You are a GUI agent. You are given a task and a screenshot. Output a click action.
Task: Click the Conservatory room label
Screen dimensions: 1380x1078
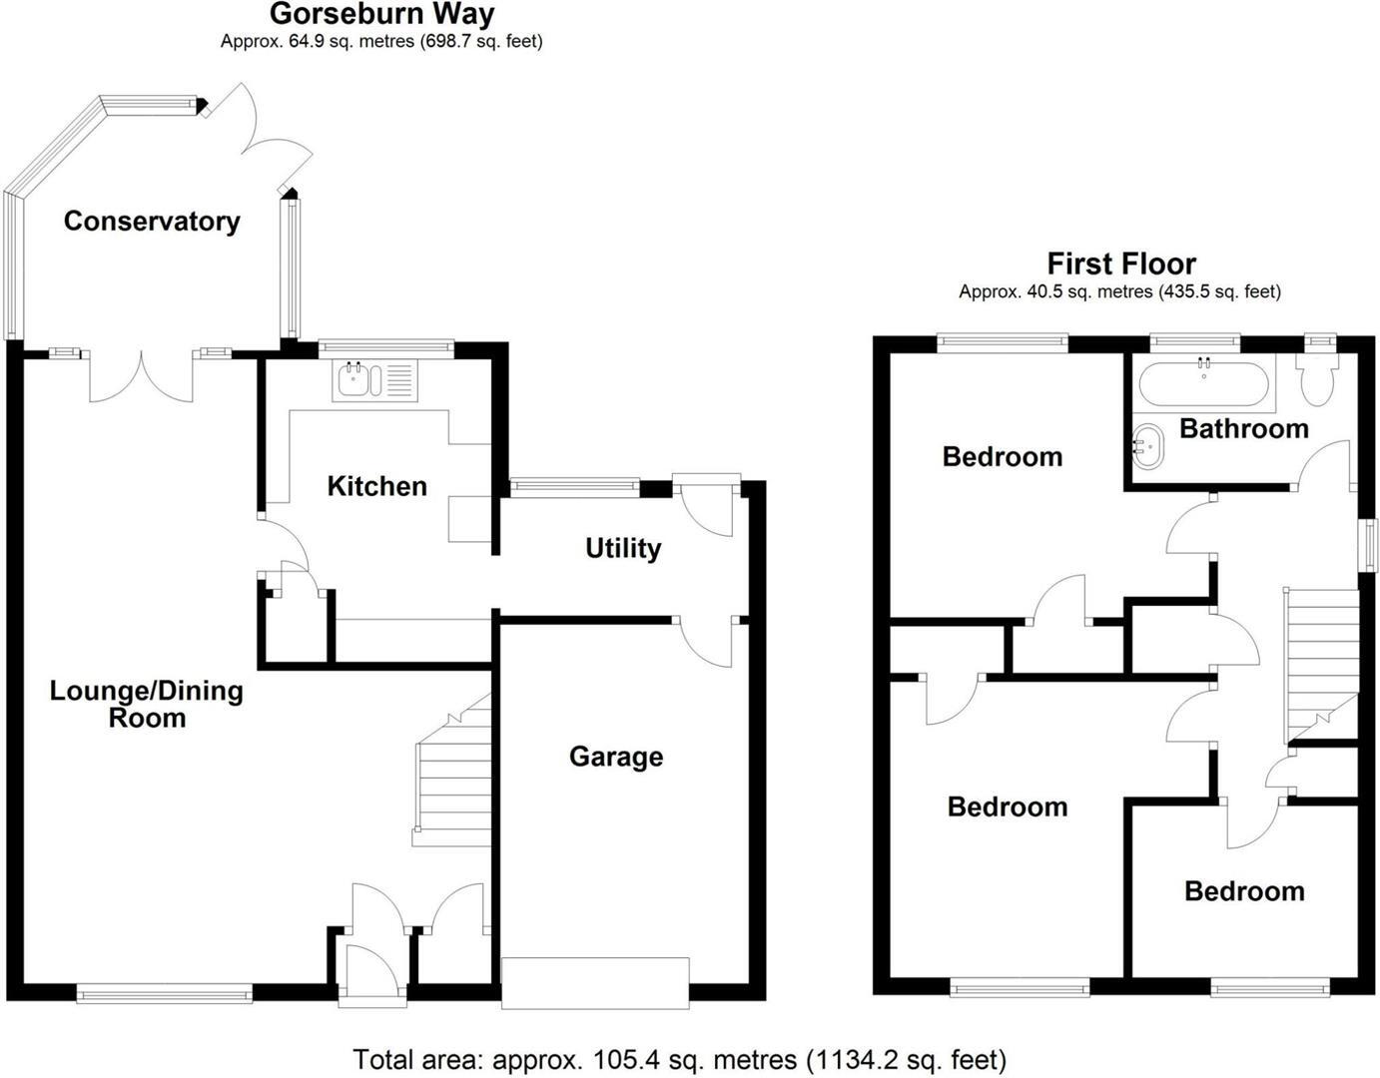point(152,222)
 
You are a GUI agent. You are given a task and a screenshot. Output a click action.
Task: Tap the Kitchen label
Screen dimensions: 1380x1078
point(376,486)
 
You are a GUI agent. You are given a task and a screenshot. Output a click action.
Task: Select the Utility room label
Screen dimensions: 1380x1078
point(623,548)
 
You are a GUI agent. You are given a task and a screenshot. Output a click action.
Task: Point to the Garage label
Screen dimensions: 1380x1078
point(616,757)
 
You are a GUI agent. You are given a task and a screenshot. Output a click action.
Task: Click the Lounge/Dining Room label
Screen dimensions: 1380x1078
point(147,704)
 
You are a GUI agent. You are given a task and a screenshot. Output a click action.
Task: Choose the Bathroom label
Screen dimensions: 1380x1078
point(1243,429)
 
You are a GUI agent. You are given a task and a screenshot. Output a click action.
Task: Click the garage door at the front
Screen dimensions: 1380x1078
point(595,983)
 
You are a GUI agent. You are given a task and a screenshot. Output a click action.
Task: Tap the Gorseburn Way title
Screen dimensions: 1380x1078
point(381,14)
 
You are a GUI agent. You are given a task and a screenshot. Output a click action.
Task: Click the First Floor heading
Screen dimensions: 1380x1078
point(1120,265)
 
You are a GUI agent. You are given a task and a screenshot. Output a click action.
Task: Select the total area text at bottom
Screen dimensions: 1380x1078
point(679,1059)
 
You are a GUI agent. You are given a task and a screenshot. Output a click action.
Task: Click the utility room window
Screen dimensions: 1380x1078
point(574,487)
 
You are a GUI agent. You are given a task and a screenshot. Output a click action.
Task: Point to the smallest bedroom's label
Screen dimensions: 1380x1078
point(1244,891)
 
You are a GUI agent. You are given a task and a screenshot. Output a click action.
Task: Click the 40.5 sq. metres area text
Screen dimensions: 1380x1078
point(1119,292)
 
